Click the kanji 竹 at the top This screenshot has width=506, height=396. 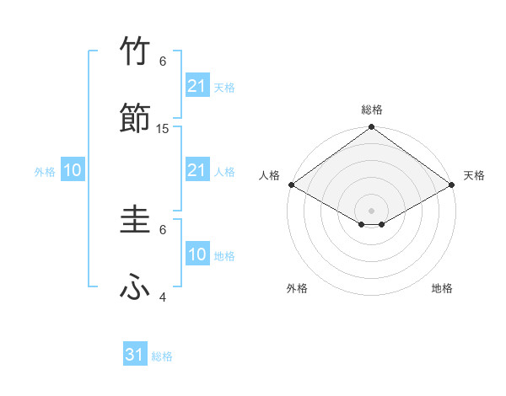coord(135,52)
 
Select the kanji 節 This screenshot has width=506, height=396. coord(135,119)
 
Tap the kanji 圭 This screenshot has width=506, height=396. coord(135,221)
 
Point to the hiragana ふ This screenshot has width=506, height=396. coord(135,288)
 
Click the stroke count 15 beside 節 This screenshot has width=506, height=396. coord(163,128)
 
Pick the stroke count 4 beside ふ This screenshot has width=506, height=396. coord(163,297)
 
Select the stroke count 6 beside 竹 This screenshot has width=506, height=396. coord(163,62)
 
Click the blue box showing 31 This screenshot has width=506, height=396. coord(135,355)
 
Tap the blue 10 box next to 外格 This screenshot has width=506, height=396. coord(73,170)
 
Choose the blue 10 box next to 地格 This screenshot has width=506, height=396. coord(196,254)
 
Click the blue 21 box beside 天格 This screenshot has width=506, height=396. coord(196,86)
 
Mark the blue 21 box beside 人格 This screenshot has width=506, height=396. coord(196,170)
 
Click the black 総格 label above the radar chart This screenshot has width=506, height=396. coord(371,110)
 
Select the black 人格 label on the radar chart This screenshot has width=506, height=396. coord(269,175)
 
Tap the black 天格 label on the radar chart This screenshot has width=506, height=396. coord(474,175)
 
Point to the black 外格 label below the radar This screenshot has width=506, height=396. coord(297,288)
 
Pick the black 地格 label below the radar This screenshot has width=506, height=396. coord(442,288)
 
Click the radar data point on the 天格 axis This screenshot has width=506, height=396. coord(452,185)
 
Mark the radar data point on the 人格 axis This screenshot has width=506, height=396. coord(290,185)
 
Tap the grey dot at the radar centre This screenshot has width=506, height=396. coord(371,210)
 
